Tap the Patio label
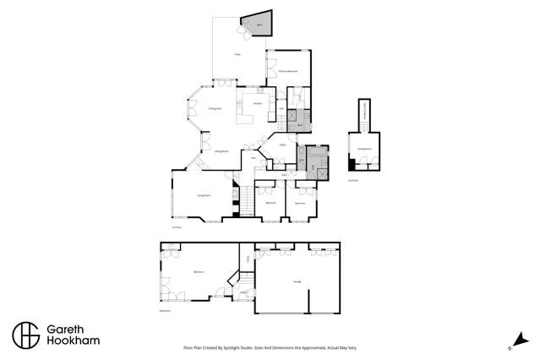238,54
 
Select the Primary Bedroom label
288,72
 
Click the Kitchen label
256,103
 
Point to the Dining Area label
215,109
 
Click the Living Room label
203,195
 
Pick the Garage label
297,282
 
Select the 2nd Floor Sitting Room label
364,149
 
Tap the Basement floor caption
166,311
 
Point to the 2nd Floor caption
353,180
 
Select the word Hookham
71,341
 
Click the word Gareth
68,327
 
